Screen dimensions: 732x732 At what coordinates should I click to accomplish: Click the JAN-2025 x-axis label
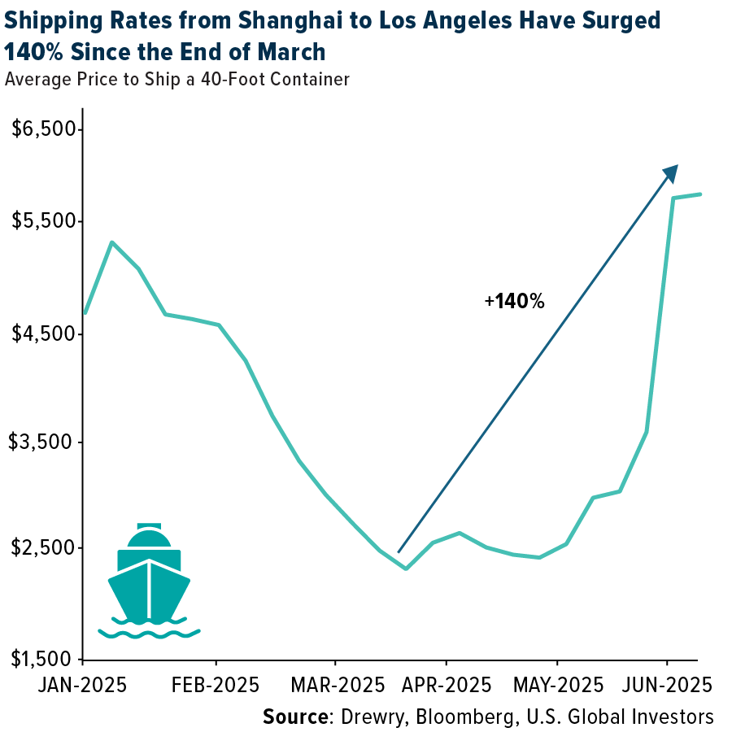click(81, 684)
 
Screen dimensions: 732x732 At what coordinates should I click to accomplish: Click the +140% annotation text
click(514, 302)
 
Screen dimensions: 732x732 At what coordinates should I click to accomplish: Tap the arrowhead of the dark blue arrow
click(672, 172)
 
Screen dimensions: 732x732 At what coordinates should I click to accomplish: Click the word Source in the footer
click(294, 717)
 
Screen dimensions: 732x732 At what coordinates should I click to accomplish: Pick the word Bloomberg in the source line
click(456, 717)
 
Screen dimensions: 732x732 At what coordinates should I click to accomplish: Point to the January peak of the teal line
click(111, 242)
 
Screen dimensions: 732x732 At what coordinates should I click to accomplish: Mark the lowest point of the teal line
click(406, 568)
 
